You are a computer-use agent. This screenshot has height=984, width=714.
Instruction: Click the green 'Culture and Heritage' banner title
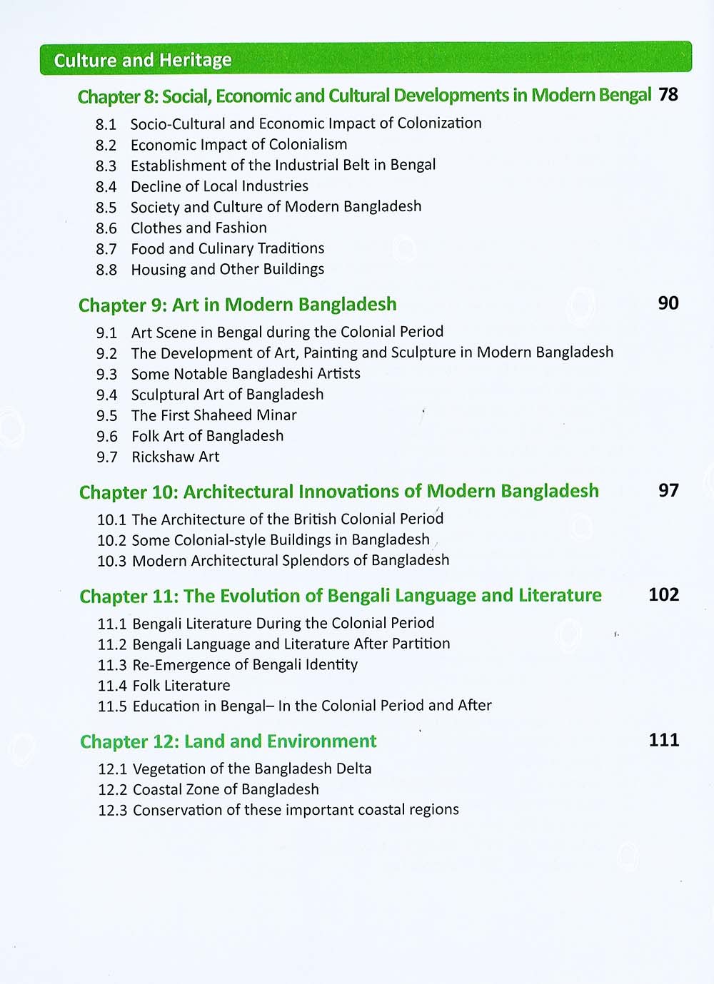[x=143, y=60]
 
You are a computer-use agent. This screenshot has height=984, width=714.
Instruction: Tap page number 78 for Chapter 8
[x=668, y=94]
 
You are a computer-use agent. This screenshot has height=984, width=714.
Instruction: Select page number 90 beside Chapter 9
[x=668, y=303]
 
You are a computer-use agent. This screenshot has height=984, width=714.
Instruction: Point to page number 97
[x=668, y=490]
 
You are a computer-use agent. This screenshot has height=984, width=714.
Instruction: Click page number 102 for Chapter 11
[x=663, y=594]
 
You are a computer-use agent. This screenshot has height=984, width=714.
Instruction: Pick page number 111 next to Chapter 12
[x=663, y=740]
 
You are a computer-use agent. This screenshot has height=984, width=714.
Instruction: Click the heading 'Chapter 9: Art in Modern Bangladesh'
[x=237, y=305]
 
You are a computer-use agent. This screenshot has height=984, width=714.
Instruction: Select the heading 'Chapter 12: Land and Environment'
[x=228, y=741]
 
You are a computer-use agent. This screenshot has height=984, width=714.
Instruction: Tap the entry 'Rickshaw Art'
[x=175, y=457]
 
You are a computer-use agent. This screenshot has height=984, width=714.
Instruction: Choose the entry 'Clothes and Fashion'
[x=198, y=228]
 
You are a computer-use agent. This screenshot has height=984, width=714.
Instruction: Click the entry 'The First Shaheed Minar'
[x=213, y=415]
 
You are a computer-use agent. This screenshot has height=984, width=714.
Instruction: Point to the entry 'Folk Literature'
[x=181, y=686]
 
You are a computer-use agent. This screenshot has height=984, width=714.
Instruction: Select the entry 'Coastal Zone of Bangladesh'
[x=226, y=789]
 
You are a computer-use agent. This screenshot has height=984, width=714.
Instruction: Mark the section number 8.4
[x=106, y=187]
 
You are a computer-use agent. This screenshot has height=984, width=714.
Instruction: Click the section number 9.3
[x=106, y=375]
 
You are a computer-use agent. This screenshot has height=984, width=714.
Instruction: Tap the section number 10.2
[x=111, y=541]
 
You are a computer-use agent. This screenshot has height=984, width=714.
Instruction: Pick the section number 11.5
[x=112, y=706]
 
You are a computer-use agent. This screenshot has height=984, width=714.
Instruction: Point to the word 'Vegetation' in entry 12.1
[x=169, y=769]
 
